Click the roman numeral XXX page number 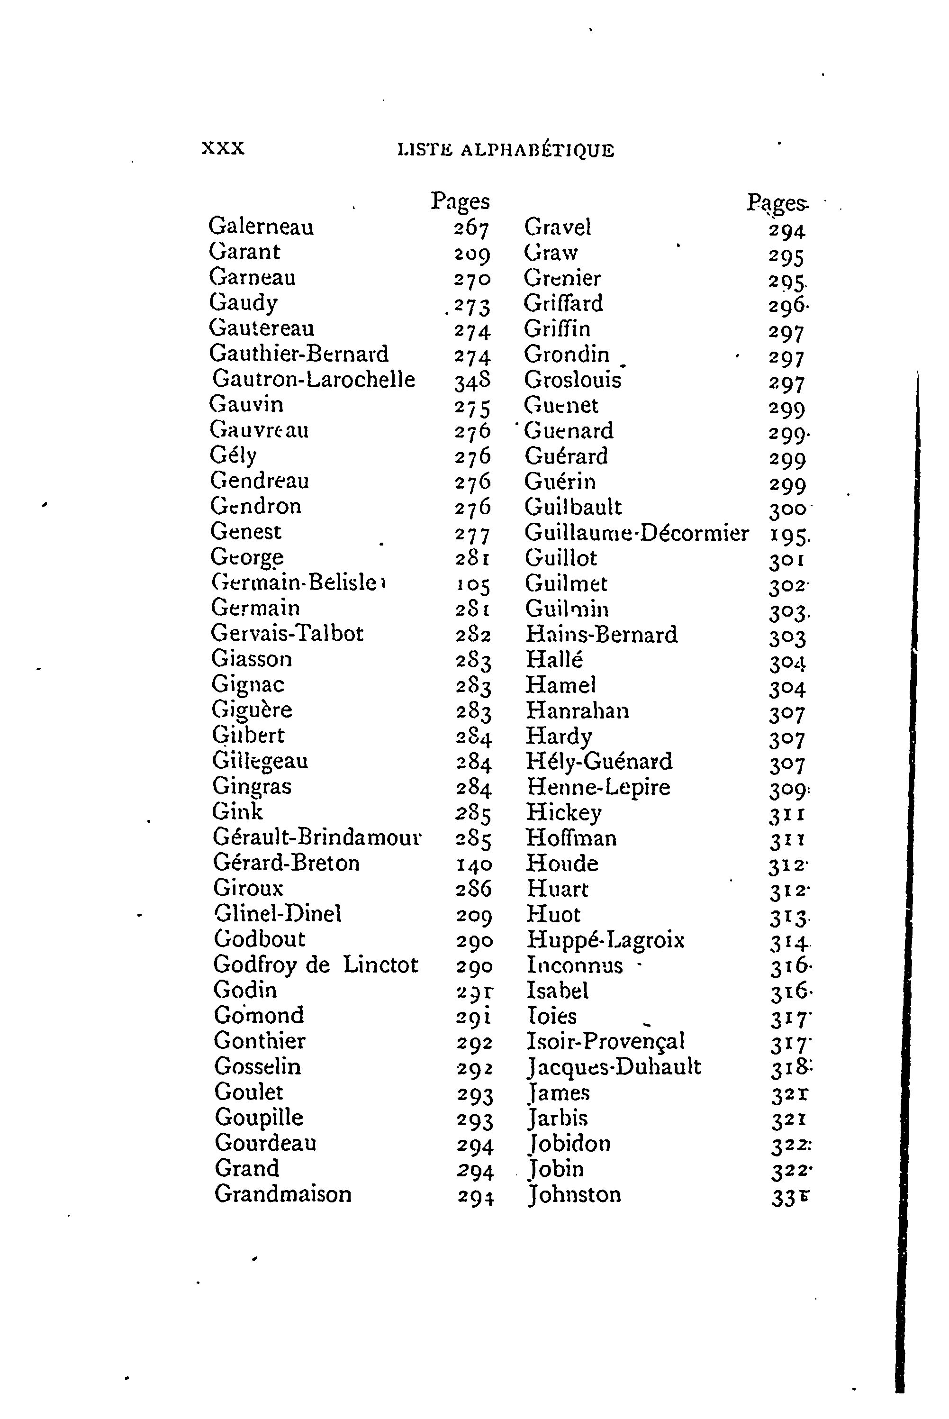coord(223,148)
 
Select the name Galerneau coord(261,227)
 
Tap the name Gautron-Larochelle coord(314,379)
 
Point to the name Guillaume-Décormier coord(636,533)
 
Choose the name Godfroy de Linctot coord(316,964)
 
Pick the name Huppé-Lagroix coord(605,939)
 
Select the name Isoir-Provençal coord(605,1041)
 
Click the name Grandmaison coord(283,1194)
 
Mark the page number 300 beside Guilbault coord(787,509)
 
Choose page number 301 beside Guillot coord(787,559)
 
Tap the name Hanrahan coord(578,710)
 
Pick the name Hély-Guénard coord(599,761)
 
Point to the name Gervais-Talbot coord(287,633)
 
